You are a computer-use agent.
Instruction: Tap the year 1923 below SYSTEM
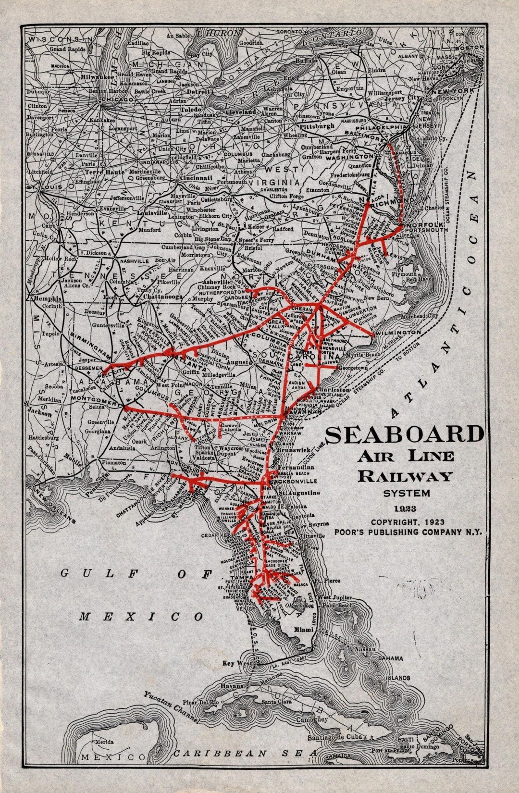[x=407, y=509]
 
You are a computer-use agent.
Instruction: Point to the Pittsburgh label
[x=317, y=126]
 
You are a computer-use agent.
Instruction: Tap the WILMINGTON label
[x=398, y=333]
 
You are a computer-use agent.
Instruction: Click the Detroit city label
[x=198, y=91]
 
